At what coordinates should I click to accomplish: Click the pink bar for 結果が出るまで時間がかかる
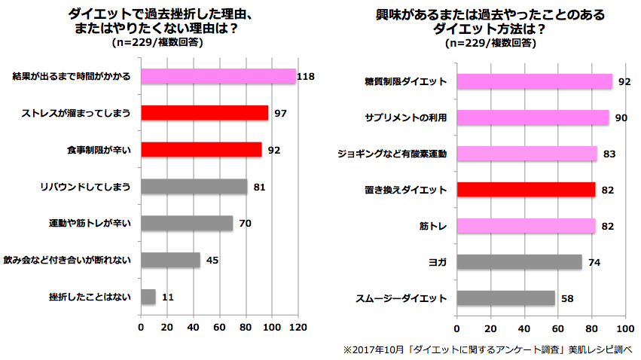pos(218,77)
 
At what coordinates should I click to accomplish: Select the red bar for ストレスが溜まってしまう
pos(204,113)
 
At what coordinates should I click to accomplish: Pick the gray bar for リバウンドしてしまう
pos(194,187)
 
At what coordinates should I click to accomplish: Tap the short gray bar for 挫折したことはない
pos(148,297)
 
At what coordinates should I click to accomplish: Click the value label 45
pos(212,261)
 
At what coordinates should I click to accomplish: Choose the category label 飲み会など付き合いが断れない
pos(68,261)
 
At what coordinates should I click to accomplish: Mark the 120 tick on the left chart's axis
pos(298,328)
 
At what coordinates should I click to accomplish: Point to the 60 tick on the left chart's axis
pos(220,328)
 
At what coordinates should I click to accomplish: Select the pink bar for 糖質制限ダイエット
pos(535,81)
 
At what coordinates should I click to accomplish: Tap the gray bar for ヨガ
pos(520,262)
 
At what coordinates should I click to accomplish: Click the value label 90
pos(622,117)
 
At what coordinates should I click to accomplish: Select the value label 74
pos(595,262)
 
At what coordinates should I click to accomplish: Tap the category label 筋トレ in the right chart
pos(433,226)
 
